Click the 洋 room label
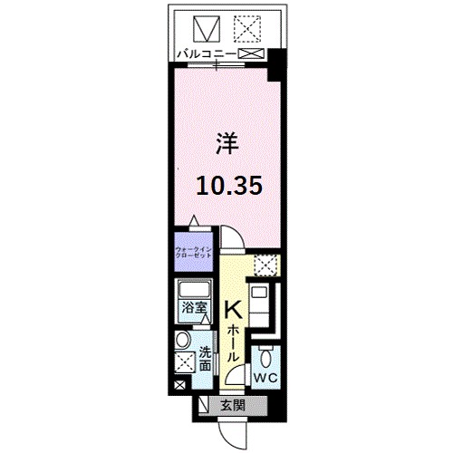coord(226,142)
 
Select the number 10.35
coord(230,185)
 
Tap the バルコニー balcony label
coord(205,55)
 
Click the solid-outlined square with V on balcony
coord(205,29)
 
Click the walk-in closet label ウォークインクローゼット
coord(192,250)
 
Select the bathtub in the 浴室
coord(192,293)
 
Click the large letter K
coord(232,312)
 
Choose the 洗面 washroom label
coord(206,359)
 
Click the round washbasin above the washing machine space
coord(183,341)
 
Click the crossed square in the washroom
coord(183,364)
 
